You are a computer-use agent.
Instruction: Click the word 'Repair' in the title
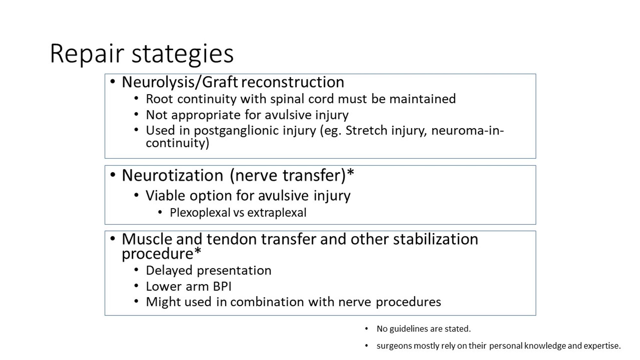tap(87, 53)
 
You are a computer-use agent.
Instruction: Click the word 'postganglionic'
tap(255, 131)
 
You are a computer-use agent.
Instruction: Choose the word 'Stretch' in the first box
tap(366, 131)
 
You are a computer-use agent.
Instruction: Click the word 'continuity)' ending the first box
tap(177, 143)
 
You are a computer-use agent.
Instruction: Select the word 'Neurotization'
tap(172, 175)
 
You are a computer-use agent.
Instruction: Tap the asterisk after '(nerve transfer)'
tap(351, 173)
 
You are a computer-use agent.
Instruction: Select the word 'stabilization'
tap(436, 239)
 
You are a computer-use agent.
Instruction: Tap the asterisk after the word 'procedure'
tap(198, 251)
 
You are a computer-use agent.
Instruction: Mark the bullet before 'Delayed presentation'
tap(136, 270)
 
